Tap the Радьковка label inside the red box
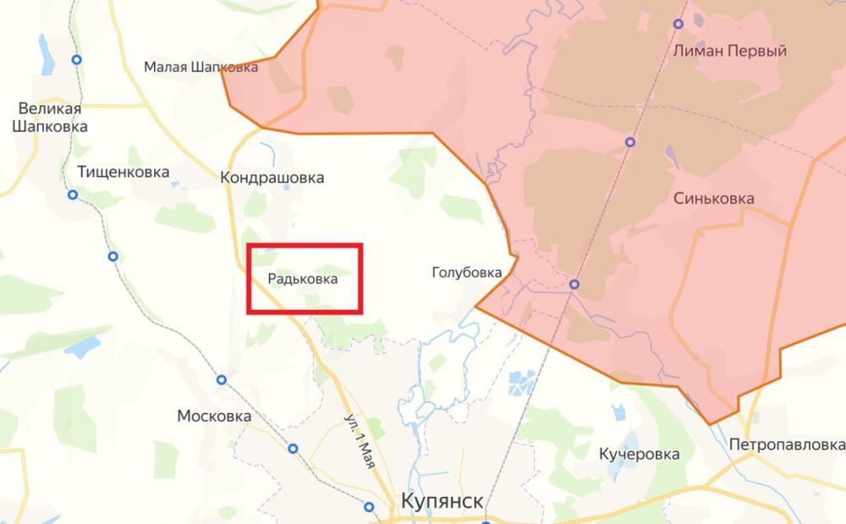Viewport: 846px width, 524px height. click(x=303, y=278)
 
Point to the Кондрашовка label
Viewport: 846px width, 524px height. click(x=272, y=178)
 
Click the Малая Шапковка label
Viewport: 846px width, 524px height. click(x=201, y=67)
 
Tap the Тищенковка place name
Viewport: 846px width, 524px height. click(x=123, y=172)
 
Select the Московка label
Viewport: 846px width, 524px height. click(x=214, y=416)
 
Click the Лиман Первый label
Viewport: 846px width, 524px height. click(x=730, y=51)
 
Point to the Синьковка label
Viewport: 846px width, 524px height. click(x=714, y=198)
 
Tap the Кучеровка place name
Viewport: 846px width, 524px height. click(x=639, y=454)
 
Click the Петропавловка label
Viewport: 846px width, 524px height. click(x=786, y=444)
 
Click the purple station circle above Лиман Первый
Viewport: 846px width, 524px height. click(x=678, y=24)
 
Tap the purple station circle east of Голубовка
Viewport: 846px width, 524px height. click(x=574, y=284)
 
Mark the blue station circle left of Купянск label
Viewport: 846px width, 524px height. click(x=370, y=506)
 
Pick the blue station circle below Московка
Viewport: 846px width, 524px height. click(x=294, y=448)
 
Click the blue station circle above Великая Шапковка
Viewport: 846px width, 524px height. click(x=77, y=60)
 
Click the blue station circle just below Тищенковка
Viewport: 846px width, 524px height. click(x=73, y=195)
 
